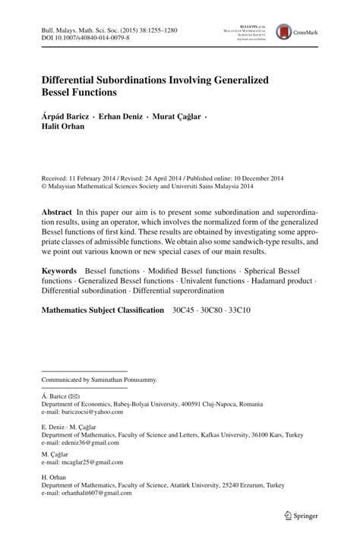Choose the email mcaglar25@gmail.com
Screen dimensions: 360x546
(90, 462)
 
